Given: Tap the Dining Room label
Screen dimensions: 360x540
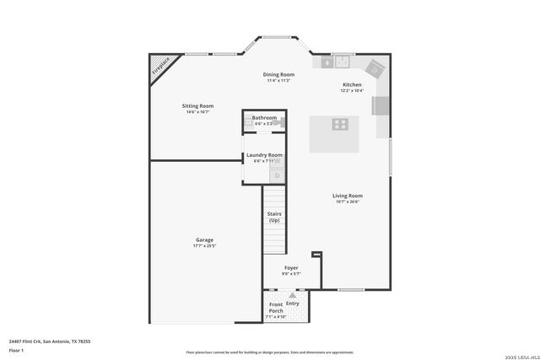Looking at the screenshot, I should click(278, 74).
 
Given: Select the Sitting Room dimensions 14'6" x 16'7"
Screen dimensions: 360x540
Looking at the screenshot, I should click(197, 111).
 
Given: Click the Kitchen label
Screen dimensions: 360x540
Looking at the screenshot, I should click(352, 84).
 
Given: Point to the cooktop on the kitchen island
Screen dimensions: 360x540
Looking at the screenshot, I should click(340, 125).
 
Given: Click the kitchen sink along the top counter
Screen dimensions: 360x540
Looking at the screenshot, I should click(342, 61).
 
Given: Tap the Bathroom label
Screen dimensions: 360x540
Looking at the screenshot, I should click(264, 117).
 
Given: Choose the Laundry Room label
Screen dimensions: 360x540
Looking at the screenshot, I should click(264, 155).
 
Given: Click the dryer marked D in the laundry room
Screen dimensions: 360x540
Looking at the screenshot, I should click(277, 175).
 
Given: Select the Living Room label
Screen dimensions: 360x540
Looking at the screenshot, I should click(348, 196).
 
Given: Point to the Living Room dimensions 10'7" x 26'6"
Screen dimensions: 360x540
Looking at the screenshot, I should click(348, 202).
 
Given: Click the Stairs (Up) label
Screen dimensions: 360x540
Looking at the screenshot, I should click(274, 217).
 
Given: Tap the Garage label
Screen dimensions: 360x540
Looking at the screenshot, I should click(205, 239).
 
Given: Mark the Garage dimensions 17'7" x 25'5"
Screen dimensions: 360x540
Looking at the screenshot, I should click(205, 246).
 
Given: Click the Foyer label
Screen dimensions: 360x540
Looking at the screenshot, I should click(291, 267).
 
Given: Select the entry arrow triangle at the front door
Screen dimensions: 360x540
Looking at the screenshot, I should click(293, 296).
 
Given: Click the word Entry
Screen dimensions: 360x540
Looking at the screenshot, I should click(293, 304).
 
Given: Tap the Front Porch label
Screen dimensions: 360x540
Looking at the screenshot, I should click(276, 308).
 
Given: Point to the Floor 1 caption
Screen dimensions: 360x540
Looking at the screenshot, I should click(17, 350).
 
